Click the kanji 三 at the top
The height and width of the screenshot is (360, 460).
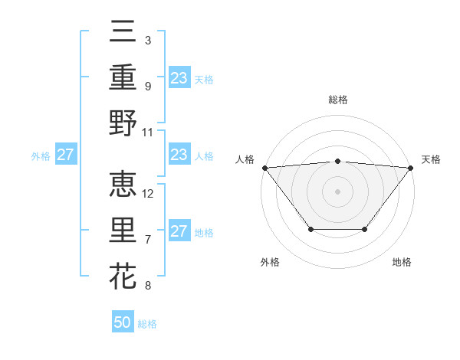[123, 32]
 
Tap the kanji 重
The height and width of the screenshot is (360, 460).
[123, 77]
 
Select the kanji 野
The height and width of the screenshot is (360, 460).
[123, 123]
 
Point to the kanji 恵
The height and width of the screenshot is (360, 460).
[123, 185]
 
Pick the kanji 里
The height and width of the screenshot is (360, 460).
[123, 231]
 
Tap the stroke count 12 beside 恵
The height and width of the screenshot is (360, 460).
[149, 193]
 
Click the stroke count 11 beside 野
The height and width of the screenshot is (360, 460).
[149, 132]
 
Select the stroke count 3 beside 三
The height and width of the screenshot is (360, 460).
[147, 40]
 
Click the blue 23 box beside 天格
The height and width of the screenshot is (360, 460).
[179, 78]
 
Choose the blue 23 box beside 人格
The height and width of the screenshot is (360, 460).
[179, 155]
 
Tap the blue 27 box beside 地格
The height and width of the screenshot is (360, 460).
[179, 231]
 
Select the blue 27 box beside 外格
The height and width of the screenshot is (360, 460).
[66, 155]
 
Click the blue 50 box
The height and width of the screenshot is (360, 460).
[123, 322]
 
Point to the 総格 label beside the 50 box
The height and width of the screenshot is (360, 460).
[147, 324]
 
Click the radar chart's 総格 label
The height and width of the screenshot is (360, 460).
[337, 100]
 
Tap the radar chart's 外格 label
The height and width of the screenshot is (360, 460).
[270, 263]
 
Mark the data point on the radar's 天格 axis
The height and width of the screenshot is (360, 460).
[411, 168]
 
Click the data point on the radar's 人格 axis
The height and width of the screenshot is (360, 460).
[264, 168]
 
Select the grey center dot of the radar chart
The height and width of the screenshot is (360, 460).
[337, 191]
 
